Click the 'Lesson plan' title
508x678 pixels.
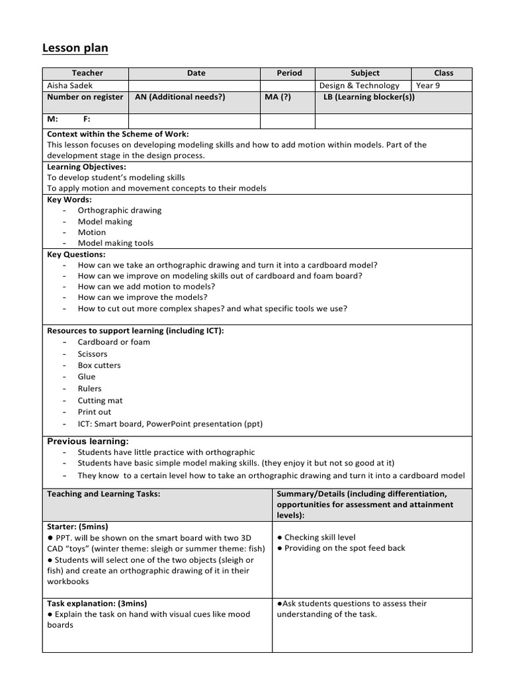pos(75,48)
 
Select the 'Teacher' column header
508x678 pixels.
pos(87,73)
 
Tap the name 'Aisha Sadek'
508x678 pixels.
pos(69,85)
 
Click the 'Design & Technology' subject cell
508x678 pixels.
pos(359,85)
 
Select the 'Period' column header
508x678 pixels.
pos(289,73)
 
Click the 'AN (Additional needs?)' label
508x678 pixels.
pos(180,97)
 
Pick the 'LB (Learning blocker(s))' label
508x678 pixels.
pos(369,97)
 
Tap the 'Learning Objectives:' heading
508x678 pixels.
pos(86,167)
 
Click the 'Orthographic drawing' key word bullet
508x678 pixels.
pos(119,211)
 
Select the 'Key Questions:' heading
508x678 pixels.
pos(76,254)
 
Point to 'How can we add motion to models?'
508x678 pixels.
pos(146,287)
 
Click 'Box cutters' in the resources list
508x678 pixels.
pos(99,365)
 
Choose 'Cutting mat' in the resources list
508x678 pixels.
pos(100,401)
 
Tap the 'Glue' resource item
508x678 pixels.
pos(87,377)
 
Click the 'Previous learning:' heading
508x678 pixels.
pos(88,442)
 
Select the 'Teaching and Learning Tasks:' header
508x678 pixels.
pos(103,494)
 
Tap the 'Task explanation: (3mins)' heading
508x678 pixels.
pos(97,603)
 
